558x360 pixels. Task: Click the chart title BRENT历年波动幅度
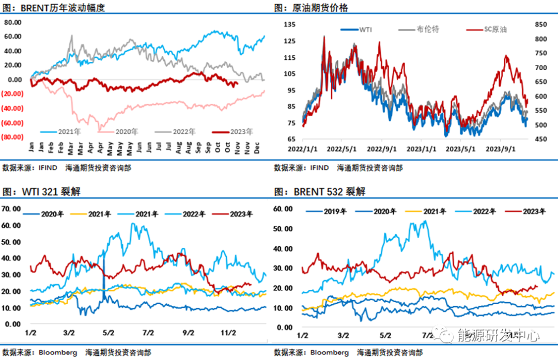63,8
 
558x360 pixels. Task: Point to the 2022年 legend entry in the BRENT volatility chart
178,131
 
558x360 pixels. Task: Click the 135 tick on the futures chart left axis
289,24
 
